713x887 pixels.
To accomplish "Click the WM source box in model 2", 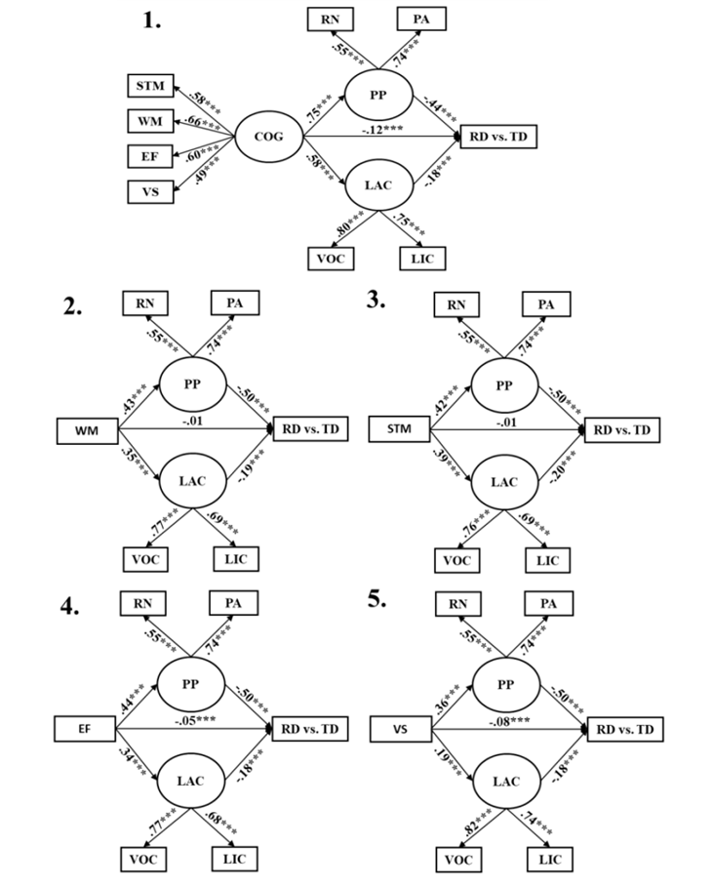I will (86, 428).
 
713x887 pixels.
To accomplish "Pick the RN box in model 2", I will (142, 304).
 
